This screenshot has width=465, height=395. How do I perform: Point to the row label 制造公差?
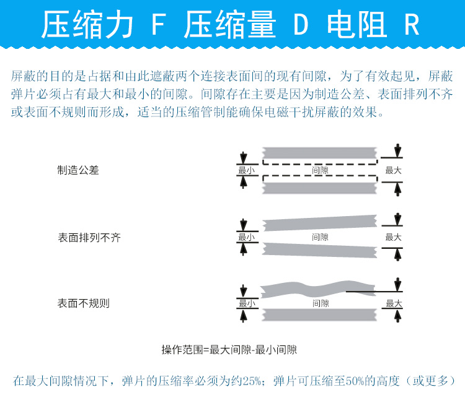(78, 170)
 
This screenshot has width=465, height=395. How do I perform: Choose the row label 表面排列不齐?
(89, 237)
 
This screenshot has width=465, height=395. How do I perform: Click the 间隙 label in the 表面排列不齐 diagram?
(320, 237)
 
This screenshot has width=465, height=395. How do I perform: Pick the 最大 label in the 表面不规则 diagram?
(394, 303)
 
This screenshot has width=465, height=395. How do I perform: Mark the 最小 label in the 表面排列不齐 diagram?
(246, 237)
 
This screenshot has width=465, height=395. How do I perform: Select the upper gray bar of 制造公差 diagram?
(320, 152)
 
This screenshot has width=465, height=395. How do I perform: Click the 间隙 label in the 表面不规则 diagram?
(320, 303)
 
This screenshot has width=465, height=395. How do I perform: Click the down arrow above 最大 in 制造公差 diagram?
(397, 151)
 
